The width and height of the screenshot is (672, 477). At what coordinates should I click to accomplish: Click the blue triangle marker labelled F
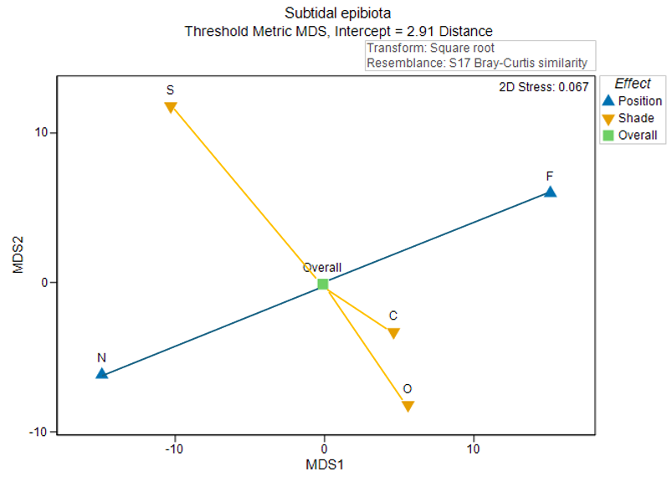tap(550, 192)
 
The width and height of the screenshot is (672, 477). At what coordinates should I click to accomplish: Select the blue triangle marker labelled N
tap(101, 373)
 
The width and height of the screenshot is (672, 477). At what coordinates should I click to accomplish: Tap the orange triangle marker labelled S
tap(171, 107)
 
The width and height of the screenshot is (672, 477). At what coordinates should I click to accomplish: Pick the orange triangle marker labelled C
tap(393, 333)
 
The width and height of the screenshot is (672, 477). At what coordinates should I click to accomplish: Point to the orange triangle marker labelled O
tap(408, 407)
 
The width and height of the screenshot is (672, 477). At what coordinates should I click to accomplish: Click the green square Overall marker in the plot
tap(323, 285)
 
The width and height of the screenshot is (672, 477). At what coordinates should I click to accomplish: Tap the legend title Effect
tap(633, 84)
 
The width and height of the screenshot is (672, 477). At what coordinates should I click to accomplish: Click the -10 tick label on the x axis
tap(173, 449)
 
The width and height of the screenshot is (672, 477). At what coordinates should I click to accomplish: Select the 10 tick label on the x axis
tap(473, 449)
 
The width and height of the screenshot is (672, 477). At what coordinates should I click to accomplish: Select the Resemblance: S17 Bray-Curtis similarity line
tap(477, 63)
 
